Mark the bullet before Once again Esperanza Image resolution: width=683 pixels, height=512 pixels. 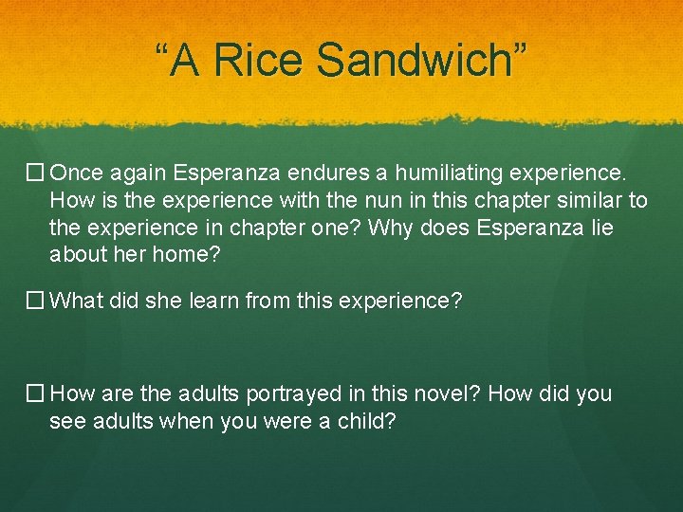[35, 174]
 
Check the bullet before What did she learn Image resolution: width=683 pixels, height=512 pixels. [35, 301]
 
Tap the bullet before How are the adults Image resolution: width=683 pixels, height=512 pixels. [35, 393]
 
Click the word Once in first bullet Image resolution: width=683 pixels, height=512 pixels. [75, 174]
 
